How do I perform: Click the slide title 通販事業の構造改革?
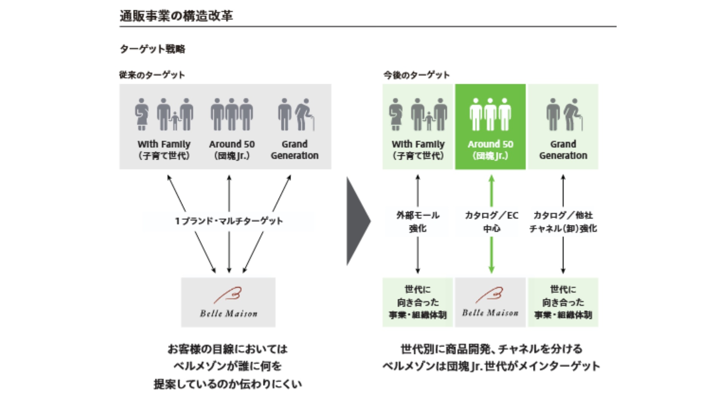click(x=176, y=16)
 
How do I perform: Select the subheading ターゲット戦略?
click(x=152, y=49)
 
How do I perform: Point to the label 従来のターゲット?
click(x=152, y=75)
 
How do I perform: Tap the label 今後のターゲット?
click(x=416, y=75)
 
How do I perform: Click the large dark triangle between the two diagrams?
click(x=357, y=221)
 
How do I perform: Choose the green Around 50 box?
click(x=490, y=127)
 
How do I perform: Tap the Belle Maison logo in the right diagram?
click(x=490, y=302)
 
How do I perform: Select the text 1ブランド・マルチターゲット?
click(x=229, y=221)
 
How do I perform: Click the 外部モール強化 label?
click(x=418, y=221)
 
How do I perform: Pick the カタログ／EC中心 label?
click(x=491, y=221)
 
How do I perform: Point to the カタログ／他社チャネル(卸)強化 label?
click(x=563, y=221)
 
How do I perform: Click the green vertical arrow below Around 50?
click(x=491, y=255)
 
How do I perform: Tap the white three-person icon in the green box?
click(x=490, y=114)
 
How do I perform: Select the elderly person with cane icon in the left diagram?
click(x=304, y=114)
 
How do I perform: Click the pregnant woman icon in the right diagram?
click(x=395, y=114)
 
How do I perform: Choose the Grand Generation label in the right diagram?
click(x=563, y=150)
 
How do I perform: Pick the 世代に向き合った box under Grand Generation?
click(x=563, y=302)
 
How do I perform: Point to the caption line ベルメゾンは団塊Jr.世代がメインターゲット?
click(x=491, y=366)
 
